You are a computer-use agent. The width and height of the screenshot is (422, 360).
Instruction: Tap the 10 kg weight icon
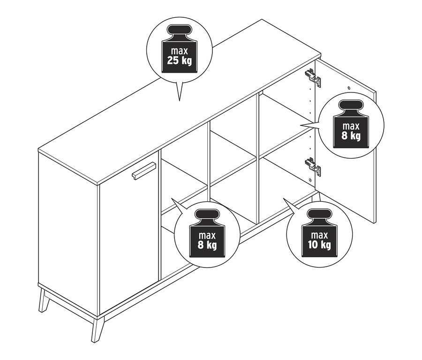319,233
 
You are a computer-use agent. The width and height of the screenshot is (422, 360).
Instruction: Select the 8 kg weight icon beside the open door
351,124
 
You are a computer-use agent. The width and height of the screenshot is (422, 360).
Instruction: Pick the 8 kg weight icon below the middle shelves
207,233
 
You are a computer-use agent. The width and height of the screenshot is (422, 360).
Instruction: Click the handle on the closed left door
144,170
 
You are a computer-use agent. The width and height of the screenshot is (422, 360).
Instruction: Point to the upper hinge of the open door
313,77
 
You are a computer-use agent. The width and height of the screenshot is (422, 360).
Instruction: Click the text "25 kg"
179,61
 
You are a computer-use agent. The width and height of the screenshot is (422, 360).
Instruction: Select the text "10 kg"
319,245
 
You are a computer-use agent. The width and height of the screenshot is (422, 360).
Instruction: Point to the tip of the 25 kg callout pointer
179,101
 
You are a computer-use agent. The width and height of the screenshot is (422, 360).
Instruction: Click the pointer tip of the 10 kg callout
283,199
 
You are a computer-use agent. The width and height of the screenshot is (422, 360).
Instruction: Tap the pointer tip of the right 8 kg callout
301,125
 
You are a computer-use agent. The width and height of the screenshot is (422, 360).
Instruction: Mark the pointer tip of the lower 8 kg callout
172,199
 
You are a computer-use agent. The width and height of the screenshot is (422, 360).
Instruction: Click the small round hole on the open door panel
349,88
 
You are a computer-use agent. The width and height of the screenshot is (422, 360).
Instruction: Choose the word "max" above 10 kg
319,235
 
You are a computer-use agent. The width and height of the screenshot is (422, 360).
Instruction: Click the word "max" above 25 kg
180,51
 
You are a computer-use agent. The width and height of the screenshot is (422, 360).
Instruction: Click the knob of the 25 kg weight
179,30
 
